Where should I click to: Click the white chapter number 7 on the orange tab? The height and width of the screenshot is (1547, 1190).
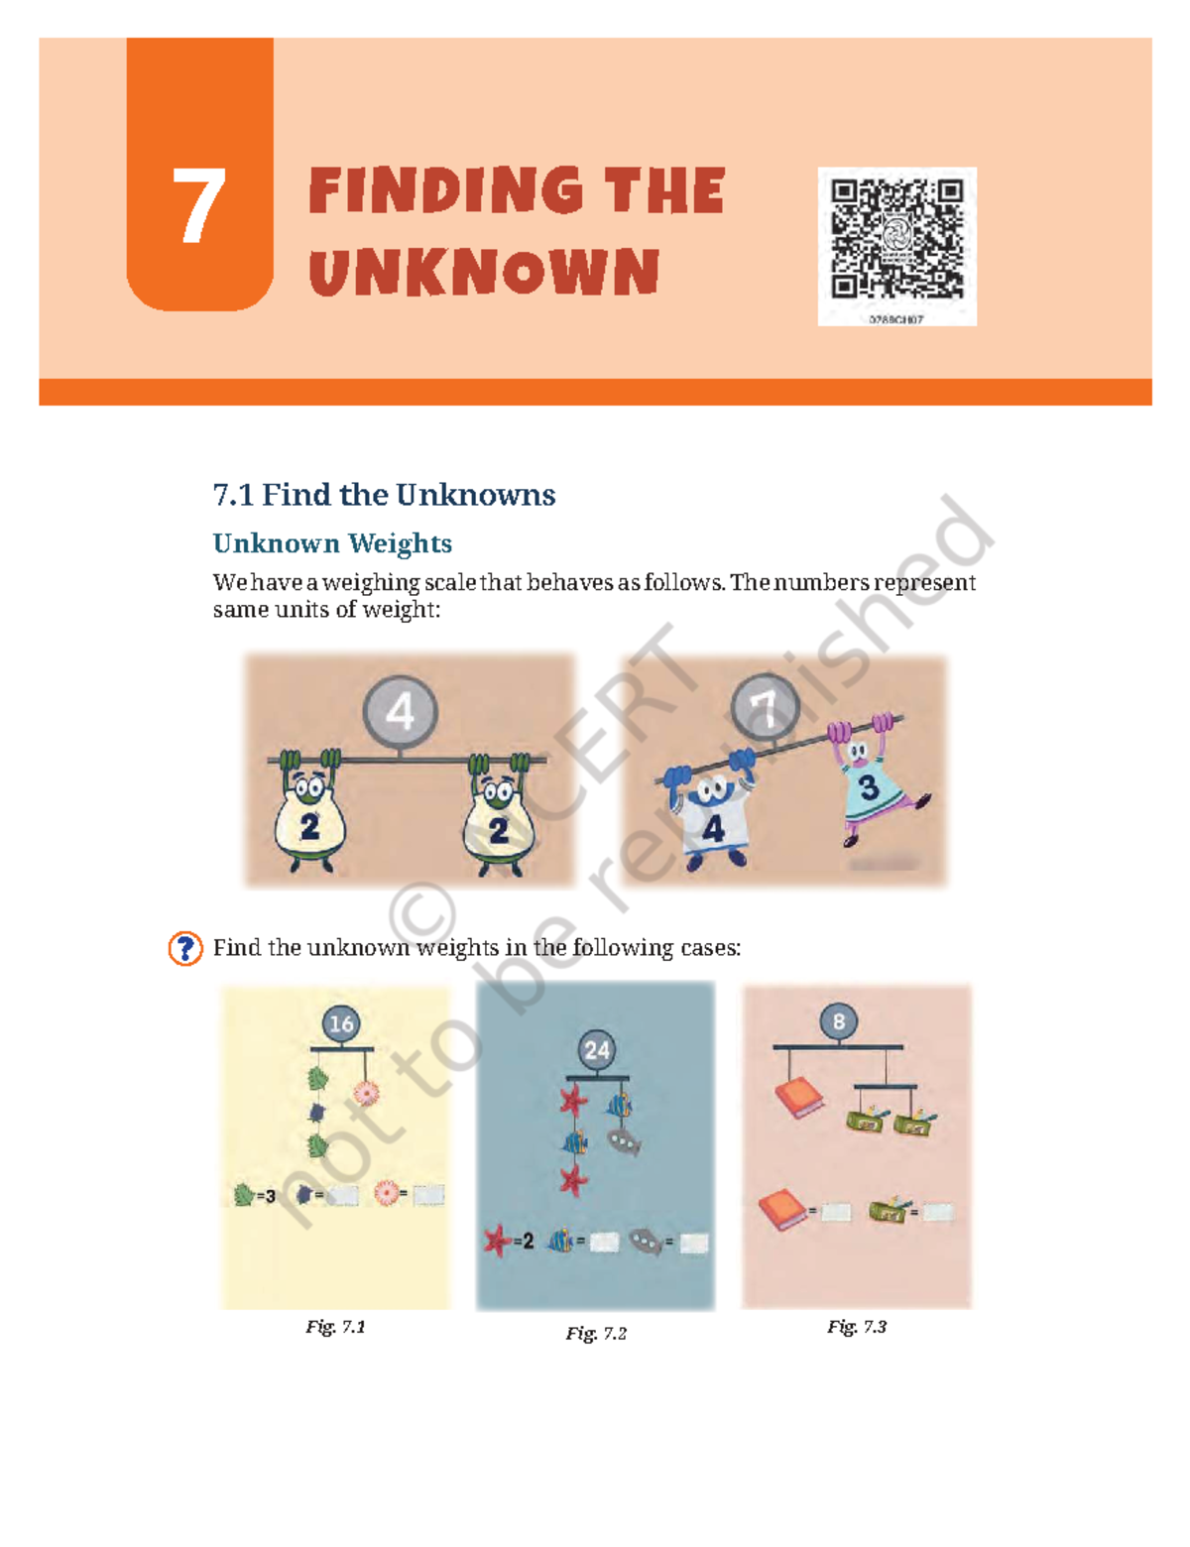click(198, 205)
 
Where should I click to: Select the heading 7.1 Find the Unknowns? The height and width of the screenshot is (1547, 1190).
click(384, 494)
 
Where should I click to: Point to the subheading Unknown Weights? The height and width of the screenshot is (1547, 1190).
click(332, 543)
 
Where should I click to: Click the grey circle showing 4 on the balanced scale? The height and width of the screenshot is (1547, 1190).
click(400, 711)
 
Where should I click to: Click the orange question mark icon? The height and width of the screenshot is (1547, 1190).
click(185, 948)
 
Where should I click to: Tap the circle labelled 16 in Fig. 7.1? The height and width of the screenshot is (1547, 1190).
click(341, 1023)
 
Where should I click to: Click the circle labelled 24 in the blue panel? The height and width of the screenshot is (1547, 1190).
click(597, 1050)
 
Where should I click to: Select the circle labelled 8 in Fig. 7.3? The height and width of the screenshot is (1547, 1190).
click(839, 1021)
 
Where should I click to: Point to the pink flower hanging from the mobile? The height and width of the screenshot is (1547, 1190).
click(366, 1094)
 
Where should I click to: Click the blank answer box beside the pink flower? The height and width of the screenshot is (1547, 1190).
click(428, 1196)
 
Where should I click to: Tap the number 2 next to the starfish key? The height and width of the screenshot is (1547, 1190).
click(528, 1241)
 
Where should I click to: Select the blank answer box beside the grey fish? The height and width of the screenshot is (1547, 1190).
click(694, 1243)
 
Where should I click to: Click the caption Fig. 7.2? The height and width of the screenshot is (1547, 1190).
click(596, 1333)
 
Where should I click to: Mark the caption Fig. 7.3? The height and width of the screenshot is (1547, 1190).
click(857, 1327)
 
